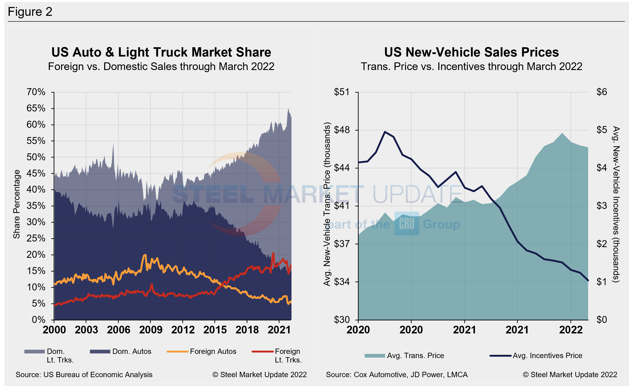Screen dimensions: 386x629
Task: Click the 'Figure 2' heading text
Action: pyautogui.click(x=30, y=12)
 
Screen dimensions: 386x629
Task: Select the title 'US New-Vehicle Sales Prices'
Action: pyautogui.click(x=471, y=52)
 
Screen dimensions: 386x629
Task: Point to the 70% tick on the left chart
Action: pyautogui.click(x=36, y=92)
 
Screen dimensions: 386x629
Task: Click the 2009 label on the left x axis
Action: pyautogui.click(x=151, y=330)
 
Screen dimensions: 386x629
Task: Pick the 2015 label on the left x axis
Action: pyautogui.click(x=215, y=330)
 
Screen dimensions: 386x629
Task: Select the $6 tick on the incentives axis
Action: pyautogui.click(x=601, y=92)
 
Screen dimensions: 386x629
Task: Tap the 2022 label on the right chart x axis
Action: pyautogui.click(x=571, y=330)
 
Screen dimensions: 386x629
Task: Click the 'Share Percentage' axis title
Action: pyautogui.click(x=16, y=204)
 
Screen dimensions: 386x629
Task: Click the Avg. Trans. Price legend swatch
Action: pyautogui.click(x=375, y=356)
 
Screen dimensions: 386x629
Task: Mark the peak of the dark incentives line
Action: pyautogui.click(x=385, y=132)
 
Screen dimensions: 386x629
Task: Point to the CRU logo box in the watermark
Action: pyautogui.click(x=407, y=223)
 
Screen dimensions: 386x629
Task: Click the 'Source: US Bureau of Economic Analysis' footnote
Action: pyautogui.click(x=84, y=375)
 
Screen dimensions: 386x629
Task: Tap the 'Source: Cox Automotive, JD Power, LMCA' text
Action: pyautogui.click(x=397, y=375)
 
